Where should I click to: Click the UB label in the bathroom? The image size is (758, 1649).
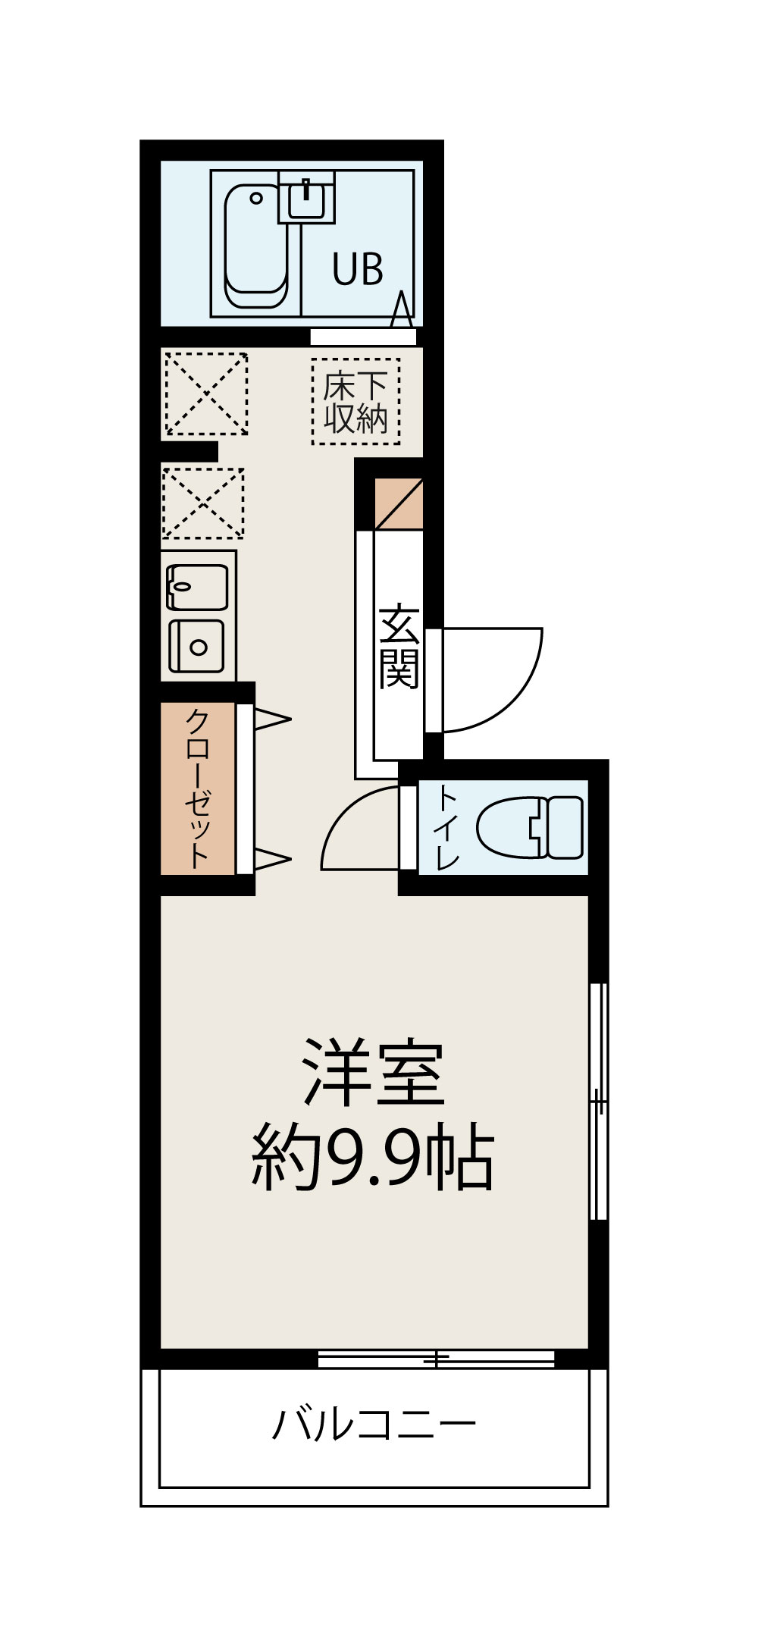[358, 268]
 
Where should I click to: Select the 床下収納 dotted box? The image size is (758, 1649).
[356, 402]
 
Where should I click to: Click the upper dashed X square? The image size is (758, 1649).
[206, 393]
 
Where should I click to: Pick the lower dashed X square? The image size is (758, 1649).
[202, 503]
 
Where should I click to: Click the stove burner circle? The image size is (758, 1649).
[199, 647]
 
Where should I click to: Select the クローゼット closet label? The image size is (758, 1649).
[197, 788]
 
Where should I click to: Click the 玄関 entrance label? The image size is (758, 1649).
[399, 647]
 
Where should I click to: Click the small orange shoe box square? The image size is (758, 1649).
[399, 503]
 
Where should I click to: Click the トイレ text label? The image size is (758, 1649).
[447, 828]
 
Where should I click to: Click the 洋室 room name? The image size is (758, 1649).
[374, 1074]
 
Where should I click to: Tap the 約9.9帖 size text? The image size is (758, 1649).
[374, 1160]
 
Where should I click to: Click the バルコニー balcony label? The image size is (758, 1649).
[374, 1424]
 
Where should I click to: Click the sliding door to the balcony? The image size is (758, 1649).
[436, 1359]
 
